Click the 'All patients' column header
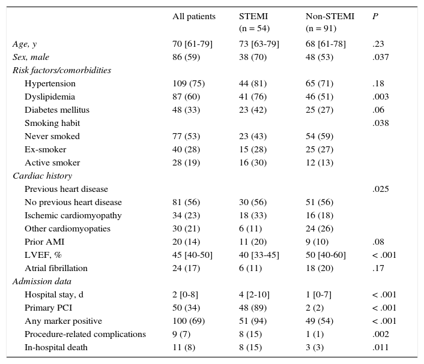[193, 17]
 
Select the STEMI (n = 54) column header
[254, 22]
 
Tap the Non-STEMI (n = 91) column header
[330, 22]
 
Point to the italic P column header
[375, 17]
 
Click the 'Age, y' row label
[25, 44]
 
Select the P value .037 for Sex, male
[380, 57]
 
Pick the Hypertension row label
[50, 83]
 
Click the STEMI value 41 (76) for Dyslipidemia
[253, 97]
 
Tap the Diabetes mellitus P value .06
[378, 110]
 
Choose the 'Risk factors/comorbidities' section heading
[62, 70]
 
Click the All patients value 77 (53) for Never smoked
[186, 136]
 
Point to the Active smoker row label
[52, 163]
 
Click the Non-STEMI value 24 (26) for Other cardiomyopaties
[320, 228]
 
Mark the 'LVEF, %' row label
[43, 255]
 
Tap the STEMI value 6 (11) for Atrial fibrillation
[250, 268]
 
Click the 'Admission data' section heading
[42, 281]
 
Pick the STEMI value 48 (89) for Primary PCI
[253, 308]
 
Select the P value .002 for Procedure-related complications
[380, 334]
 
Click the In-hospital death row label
[56, 347]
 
